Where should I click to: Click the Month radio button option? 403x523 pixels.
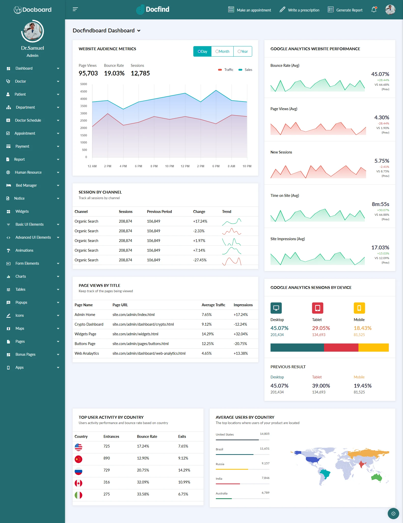tap(222, 52)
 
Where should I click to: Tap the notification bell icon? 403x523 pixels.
tap(374, 10)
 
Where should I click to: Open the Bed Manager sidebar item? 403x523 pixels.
tap(26, 185)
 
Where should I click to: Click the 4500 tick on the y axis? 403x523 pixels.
tap(84, 92)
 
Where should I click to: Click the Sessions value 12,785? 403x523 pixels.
tap(140, 73)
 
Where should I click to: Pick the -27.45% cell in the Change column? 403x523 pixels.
tap(200, 260)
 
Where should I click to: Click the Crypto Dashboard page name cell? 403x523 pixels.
tap(89, 324)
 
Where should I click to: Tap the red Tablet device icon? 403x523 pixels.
tap(317, 308)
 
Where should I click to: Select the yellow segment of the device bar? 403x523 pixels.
tap(373, 348)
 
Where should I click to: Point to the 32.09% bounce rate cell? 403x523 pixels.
tap(143, 482)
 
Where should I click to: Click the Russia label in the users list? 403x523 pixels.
tap(220, 464)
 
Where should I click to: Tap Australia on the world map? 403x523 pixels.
tap(377, 477)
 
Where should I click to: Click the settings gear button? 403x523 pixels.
tap(393, 514)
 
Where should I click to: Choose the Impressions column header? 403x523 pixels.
tap(243, 305)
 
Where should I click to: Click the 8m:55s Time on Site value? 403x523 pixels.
tap(380, 204)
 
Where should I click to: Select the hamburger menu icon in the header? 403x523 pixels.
tap(75, 9)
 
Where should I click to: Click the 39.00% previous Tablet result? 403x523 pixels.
tap(321, 386)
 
